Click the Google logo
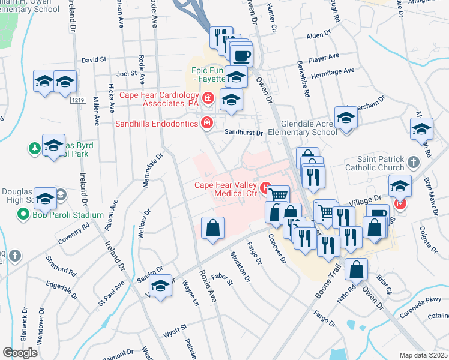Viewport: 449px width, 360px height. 20,353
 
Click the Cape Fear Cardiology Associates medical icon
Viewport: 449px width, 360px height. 208,97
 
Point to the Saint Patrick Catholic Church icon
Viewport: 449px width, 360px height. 413,162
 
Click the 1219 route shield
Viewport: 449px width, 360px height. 76,100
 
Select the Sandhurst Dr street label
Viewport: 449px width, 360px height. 244,133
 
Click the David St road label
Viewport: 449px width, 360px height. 94,60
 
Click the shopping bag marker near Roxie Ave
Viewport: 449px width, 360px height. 212,228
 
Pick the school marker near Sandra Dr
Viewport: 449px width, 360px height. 160,287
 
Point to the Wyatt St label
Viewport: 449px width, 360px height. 178,327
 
